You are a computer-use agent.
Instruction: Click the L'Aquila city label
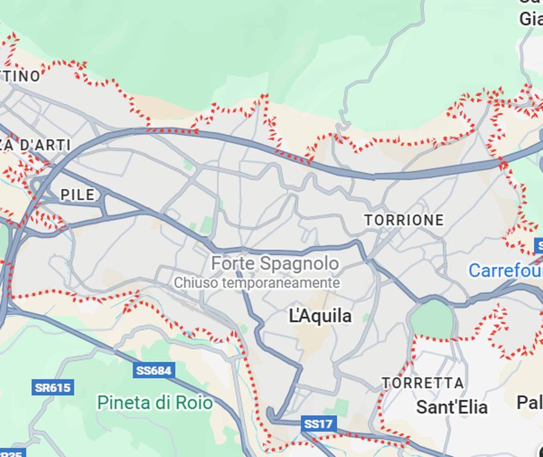pos(320,315)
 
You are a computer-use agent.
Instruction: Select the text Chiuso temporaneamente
pos(257,283)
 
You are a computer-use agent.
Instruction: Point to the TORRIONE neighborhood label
pos(404,220)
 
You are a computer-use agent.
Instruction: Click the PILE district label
pos(77,195)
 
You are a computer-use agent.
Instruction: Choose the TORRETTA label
pos(422,383)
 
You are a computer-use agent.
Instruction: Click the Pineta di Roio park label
pos(154,403)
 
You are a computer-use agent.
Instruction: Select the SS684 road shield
pos(153,371)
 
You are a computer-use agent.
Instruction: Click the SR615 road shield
pos(52,388)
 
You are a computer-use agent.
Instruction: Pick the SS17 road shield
pos(319,424)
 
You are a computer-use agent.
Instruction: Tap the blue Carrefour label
pos(505,271)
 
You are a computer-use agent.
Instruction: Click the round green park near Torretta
pos(432,320)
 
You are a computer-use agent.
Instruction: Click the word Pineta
pos(124,403)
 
